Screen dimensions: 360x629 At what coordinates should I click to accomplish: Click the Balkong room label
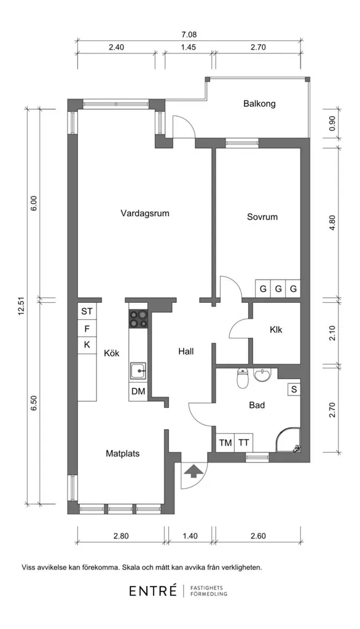pos(259,104)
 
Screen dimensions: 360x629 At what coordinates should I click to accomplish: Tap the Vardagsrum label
pos(145,213)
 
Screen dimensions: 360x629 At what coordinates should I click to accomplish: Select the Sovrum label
pos(262,217)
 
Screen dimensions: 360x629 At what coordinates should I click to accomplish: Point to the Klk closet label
pos(276,330)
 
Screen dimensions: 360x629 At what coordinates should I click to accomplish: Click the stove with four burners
pos(138,319)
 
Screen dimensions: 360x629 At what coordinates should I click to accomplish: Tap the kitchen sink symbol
pos(138,370)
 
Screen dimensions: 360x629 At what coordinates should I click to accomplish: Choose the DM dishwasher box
pos(138,391)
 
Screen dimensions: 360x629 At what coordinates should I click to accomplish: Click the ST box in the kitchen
pos(87,311)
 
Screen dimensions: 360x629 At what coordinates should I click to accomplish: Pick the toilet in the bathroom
pos(243,378)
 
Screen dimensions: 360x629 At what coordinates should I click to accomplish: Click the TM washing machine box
pos(225,443)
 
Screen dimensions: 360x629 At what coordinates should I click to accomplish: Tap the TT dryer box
pos(243,443)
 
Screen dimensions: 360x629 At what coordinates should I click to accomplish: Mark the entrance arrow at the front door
pos(193,471)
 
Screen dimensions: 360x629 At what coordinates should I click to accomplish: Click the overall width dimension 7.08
pos(189,35)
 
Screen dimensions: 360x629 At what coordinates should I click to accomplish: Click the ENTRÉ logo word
pos(153,591)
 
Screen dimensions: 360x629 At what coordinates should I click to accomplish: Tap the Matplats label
pos(123,454)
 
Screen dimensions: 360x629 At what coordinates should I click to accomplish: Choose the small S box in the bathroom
pos(294,389)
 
